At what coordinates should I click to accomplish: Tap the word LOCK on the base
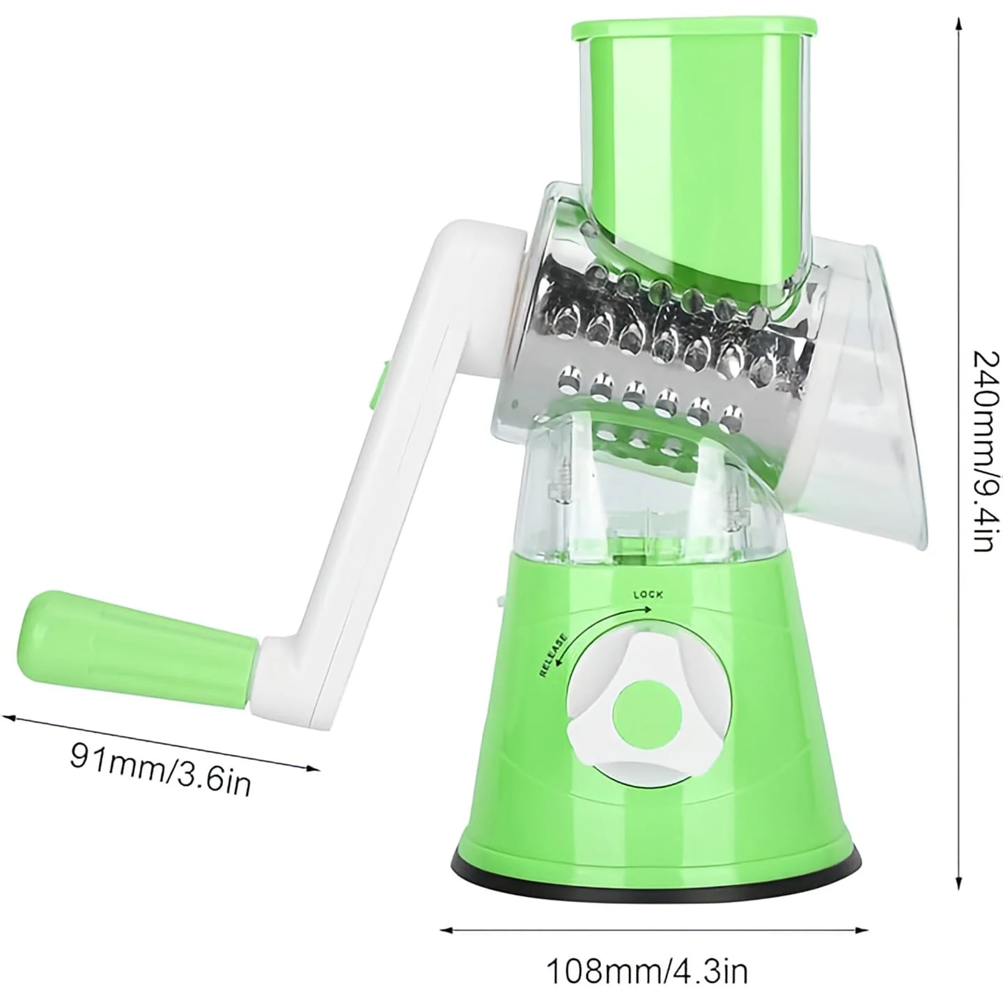pyautogui.click(x=648, y=594)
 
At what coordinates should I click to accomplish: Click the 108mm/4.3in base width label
pyautogui.click(x=648, y=970)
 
